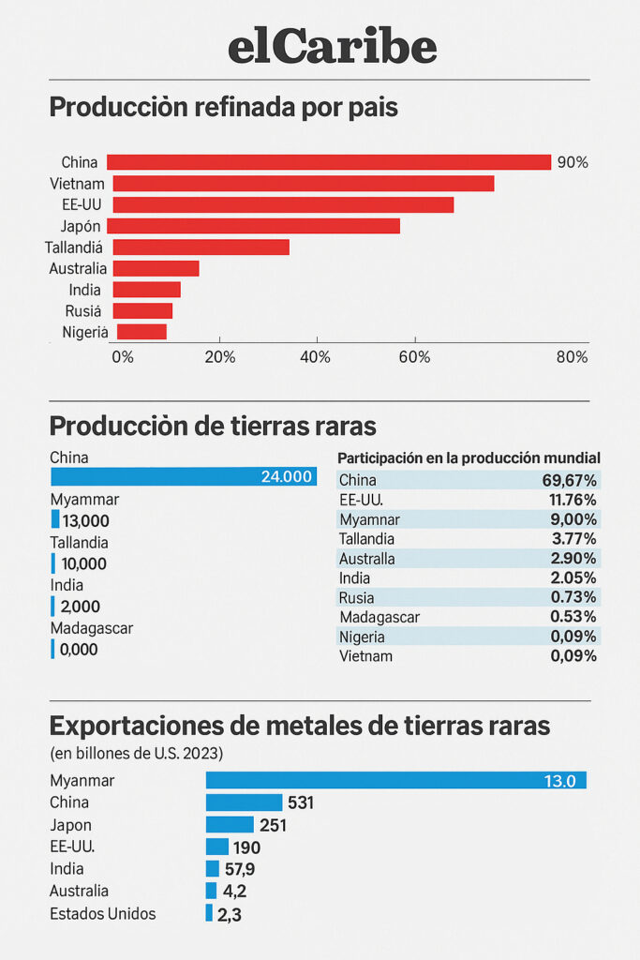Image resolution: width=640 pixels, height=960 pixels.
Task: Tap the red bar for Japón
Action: pyautogui.click(x=253, y=226)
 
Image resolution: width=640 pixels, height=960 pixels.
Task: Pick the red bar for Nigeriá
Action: pyautogui.click(x=141, y=332)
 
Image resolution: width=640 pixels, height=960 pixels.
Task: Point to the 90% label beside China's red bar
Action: pyautogui.click(x=573, y=162)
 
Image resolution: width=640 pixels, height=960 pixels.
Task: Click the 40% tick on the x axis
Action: pyautogui.click(x=317, y=357)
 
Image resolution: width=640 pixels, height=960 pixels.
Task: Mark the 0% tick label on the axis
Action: pyautogui.click(x=122, y=357)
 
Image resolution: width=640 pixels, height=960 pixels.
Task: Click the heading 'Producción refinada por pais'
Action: pyautogui.click(x=223, y=108)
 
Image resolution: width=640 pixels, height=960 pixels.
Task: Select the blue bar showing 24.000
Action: pyautogui.click(x=183, y=476)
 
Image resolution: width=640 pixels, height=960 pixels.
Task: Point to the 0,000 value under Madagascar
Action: pyautogui.click(x=80, y=649)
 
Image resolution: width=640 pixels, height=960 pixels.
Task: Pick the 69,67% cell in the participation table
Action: pyautogui.click(x=573, y=480)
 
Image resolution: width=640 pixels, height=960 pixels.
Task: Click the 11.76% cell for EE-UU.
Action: pyautogui.click(x=573, y=500)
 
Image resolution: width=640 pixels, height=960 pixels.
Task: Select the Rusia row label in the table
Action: pyautogui.click(x=356, y=597)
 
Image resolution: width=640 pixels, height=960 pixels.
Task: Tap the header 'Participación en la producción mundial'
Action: pyautogui.click(x=469, y=457)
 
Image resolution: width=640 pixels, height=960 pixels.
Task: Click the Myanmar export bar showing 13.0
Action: pyautogui.click(x=395, y=780)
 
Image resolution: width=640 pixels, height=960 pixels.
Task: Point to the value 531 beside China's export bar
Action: pyautogui.click(x=301, y=802)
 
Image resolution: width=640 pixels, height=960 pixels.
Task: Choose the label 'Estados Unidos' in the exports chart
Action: pyautogui.click(x=102, y=913)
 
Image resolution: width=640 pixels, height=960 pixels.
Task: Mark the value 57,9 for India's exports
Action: pyautogui.click(x=239, y=869)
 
